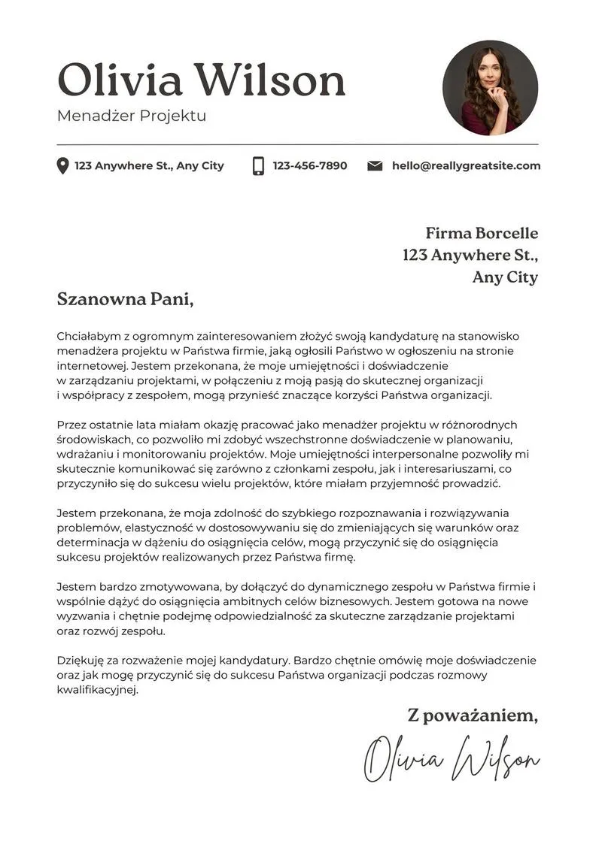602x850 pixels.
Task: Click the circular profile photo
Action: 490,87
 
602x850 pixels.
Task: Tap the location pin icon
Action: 62,166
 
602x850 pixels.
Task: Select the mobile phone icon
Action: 258,166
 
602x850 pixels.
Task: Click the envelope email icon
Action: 375,166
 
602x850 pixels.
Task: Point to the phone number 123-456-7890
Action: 310,166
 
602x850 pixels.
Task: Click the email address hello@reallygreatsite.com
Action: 466,166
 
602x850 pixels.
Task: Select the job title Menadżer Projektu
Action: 131,116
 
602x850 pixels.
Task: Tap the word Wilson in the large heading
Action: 269,80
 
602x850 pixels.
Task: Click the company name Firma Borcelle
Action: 482,233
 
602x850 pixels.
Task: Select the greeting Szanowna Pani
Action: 125,299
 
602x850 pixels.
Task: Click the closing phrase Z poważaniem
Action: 473,715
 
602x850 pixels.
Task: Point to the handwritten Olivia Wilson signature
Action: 451,759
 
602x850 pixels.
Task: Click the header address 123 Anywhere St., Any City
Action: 149,166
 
